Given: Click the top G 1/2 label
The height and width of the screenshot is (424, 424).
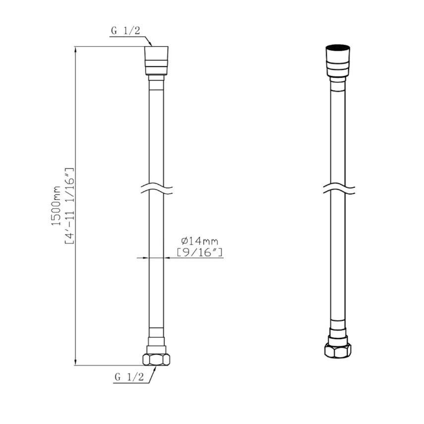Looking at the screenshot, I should tap(125, 31).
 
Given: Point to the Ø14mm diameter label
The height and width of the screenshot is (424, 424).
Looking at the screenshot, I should tap(199, 241).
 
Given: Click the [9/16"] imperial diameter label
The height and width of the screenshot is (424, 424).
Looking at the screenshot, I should tap(199, 252).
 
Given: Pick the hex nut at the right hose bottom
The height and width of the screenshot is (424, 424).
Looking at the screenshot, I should tap(338, 349).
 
